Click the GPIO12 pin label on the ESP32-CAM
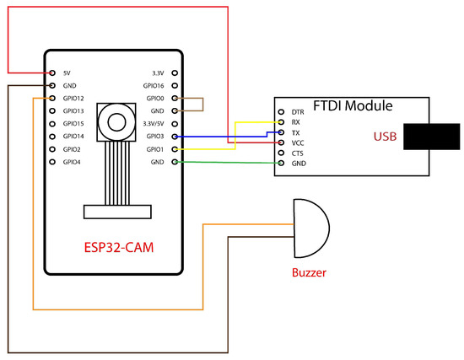click(x=73, y=99)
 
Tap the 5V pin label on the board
click(x=67, y=73)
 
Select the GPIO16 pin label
click(x=154, y=86)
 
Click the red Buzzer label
click(x=308, y=273)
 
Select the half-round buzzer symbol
click(x=309, y=228)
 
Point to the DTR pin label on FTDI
click(x=298, y=112)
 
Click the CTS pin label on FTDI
click(x=297, y=153)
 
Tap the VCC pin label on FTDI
click(x=297, y=142)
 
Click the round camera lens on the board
click(x=115, y=121)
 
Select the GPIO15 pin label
click(x=73, y=123)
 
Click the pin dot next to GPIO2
click(x=52, y=148)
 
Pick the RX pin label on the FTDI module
click(x=295, y=122)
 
